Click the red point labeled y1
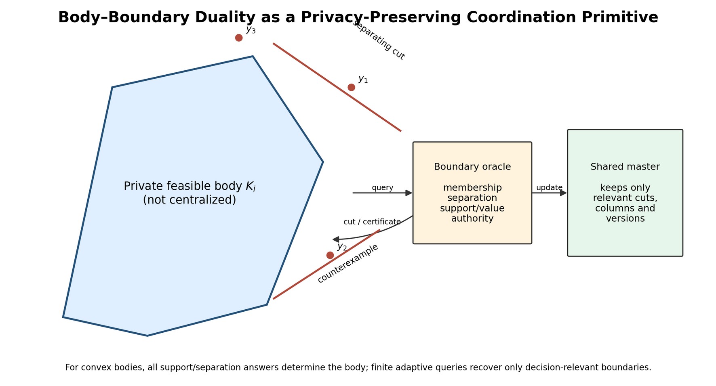coord(351,87)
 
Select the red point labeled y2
coord(330,255)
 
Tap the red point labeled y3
coord(239,38)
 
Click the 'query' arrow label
coord(383,188)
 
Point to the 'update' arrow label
coord(550,188)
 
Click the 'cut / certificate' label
coord(372,222)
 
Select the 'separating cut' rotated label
coord(379,40)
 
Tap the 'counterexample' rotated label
coord(348,263)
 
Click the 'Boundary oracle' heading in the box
coord(472,167)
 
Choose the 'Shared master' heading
coord(625,167)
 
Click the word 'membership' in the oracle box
coord(472,188)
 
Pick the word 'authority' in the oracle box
coord(472,219)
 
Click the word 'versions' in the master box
coord(625,218)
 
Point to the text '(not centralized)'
coord(190,200)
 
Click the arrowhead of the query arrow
coord(409,193)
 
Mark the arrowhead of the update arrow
coord(564,193)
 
